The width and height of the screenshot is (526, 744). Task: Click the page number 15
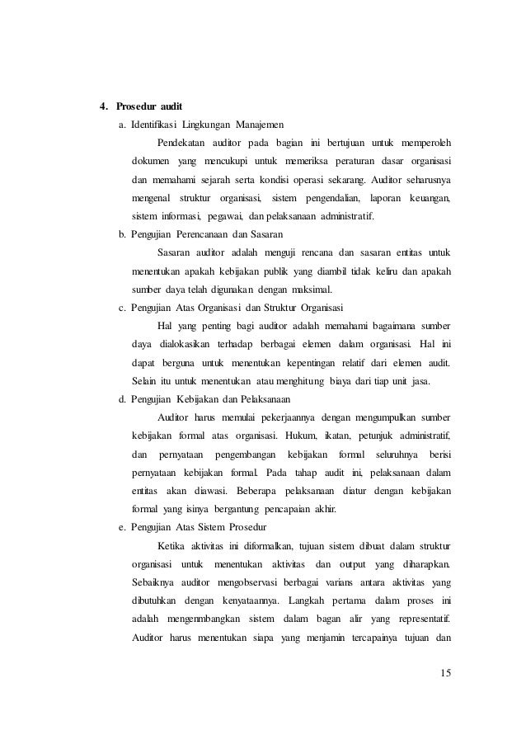tap(446, 676)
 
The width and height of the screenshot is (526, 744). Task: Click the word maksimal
tap(308, 290)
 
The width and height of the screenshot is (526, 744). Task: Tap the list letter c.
tap(121, 308)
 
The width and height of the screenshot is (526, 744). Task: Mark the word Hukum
tap(302, 436)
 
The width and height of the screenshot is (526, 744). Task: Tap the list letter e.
tap(121, 527)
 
